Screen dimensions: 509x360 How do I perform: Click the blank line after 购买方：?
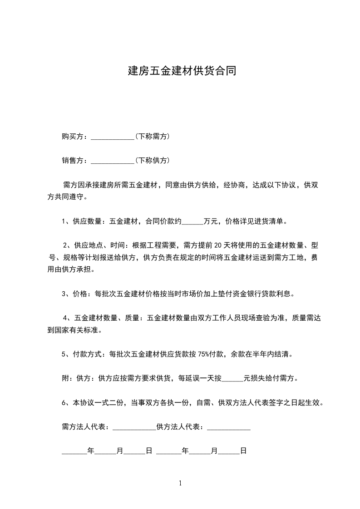click(x=113, y=137)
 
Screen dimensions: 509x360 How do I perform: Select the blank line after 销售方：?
click(x=113, y=161)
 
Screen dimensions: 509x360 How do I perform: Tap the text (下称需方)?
click(x=153, y=136)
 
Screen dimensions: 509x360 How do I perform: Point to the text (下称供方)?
click(x=153, y=160)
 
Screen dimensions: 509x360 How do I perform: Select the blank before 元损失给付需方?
click(x=234, y=378)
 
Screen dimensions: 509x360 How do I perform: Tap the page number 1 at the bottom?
click(x=180, y=483)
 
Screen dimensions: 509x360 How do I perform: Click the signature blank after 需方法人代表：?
click(x=134, y=427)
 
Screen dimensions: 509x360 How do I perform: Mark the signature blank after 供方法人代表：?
click(x=228, y=427)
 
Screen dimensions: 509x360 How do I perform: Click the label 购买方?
click(x=73, y=136)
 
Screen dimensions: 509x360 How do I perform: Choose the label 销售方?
click(x=73, y=160)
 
